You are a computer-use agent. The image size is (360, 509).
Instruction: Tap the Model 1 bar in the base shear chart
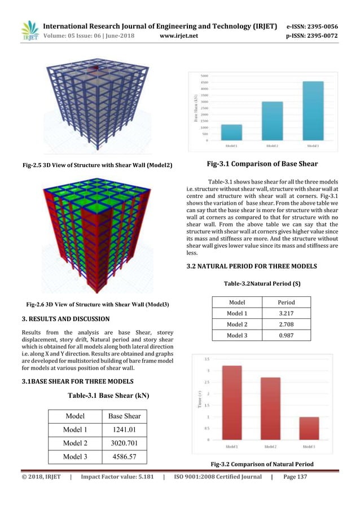point(231,133)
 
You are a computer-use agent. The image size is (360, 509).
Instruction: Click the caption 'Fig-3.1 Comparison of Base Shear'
point(262,164)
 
